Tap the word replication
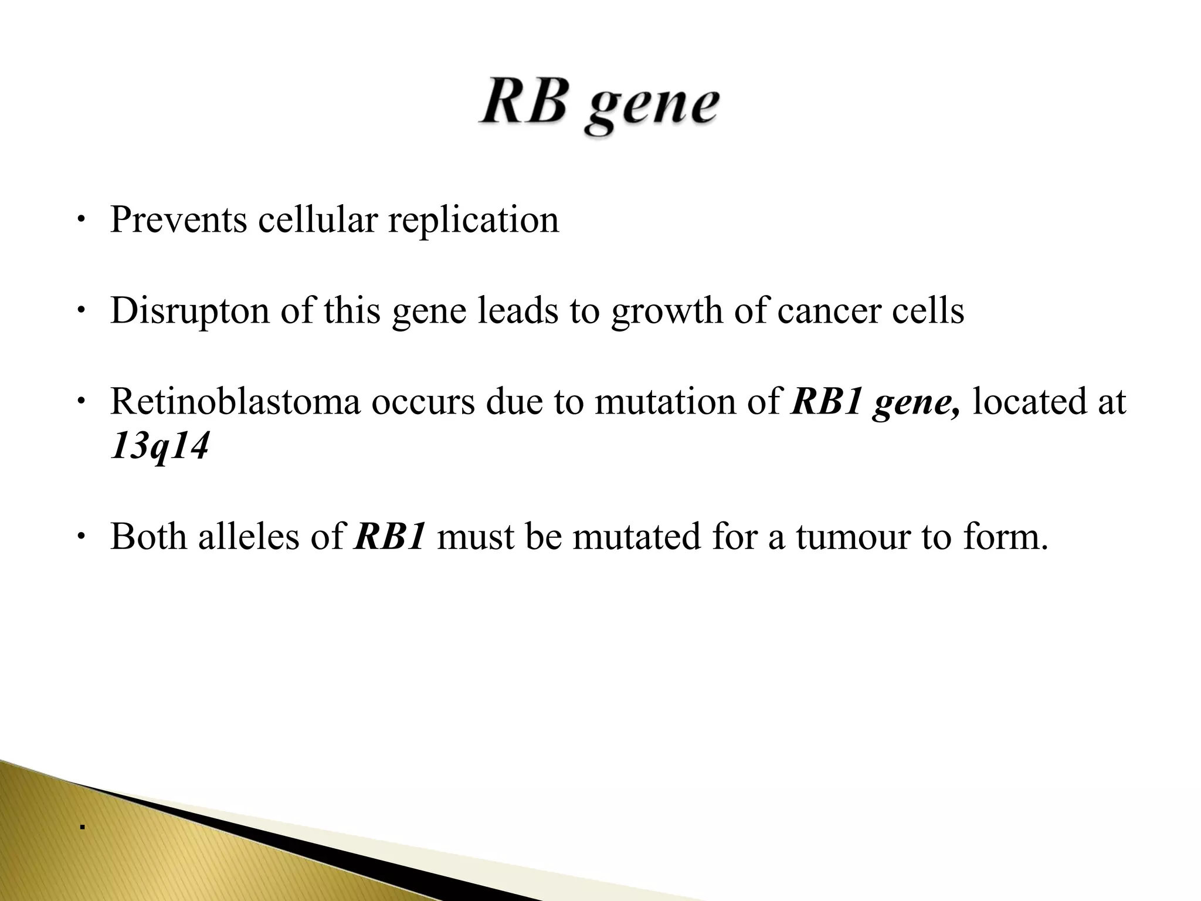[473, 221]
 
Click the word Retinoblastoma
[235, 402]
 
